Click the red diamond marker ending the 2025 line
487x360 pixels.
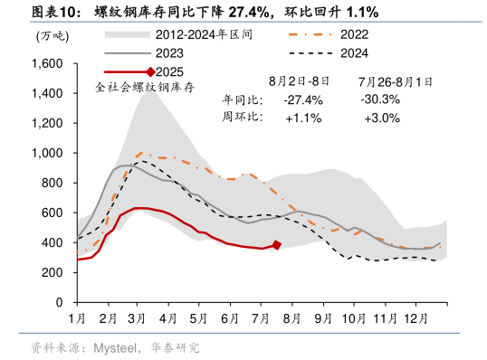[x=277, y=245]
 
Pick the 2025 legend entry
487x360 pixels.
[x=158, y=71]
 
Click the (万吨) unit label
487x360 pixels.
[x=51, y=36]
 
